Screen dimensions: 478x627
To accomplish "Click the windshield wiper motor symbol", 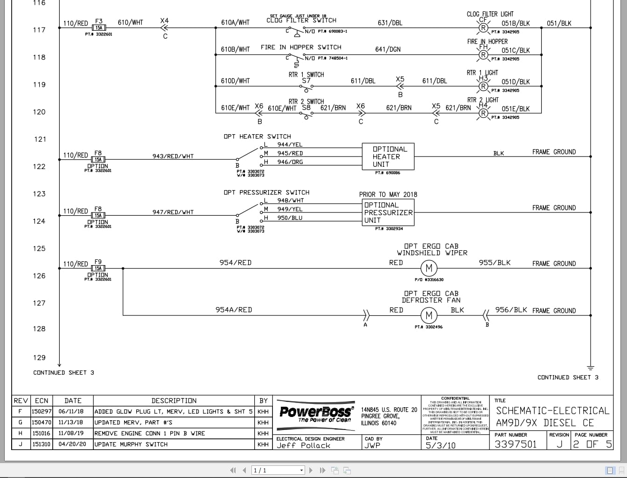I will coord(429,268).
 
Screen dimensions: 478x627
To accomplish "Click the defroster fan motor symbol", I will coord(429,316).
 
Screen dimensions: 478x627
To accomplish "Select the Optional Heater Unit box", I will coord(388,157).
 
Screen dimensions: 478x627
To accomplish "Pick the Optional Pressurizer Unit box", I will coord(388,212).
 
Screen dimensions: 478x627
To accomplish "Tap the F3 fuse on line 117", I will coord(99,28).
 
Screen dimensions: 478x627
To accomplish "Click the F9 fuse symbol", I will coord(98,268).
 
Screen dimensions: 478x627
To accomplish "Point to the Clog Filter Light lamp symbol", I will coord(483,28).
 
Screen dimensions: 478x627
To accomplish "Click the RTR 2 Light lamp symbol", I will coord(483,113).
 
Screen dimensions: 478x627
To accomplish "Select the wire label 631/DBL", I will coord(390,23).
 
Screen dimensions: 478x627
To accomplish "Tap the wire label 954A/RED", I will coord(234,310).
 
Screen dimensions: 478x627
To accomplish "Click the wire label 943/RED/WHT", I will coord(173,156).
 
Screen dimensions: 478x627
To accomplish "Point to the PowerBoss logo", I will coord(316,413).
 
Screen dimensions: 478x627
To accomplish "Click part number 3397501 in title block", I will coord(516,444).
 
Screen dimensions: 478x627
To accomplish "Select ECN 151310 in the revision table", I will coord(41,444).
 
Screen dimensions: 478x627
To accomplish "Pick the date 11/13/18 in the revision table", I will coord(71,423).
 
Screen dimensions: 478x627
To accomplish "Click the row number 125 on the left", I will coord(39,249).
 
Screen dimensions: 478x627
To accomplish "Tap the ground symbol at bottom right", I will coord(591,368).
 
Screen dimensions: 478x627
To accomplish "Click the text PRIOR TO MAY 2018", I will coord(388,195).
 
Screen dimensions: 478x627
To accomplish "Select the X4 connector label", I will coord(164,21).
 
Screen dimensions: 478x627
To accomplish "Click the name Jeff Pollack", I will coord(304,445).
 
